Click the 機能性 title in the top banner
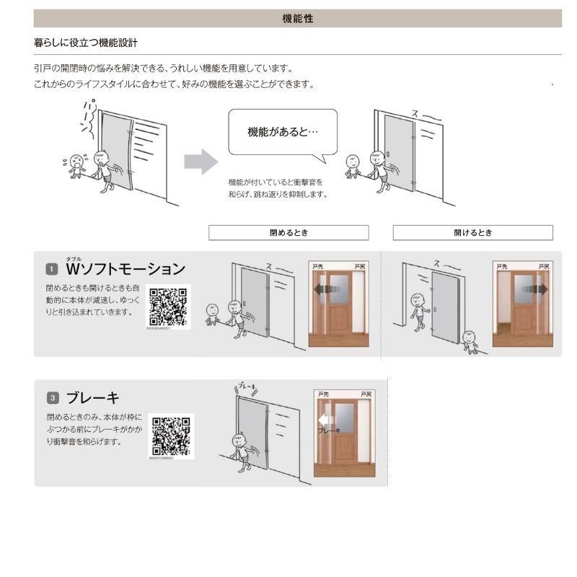click(297, 19)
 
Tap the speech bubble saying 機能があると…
click(283, 132)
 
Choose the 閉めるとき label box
click(288, 233)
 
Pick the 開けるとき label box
click(472, 233)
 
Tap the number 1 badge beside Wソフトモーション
click(52, 270)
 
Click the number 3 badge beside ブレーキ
click(52, 397)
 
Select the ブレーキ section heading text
click(92, 397)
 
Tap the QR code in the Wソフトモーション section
click(169, 307)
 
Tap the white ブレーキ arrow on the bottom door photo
click(325, 420)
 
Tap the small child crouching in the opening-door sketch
click(470, 342)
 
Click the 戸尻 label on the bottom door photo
click(366, 395)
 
